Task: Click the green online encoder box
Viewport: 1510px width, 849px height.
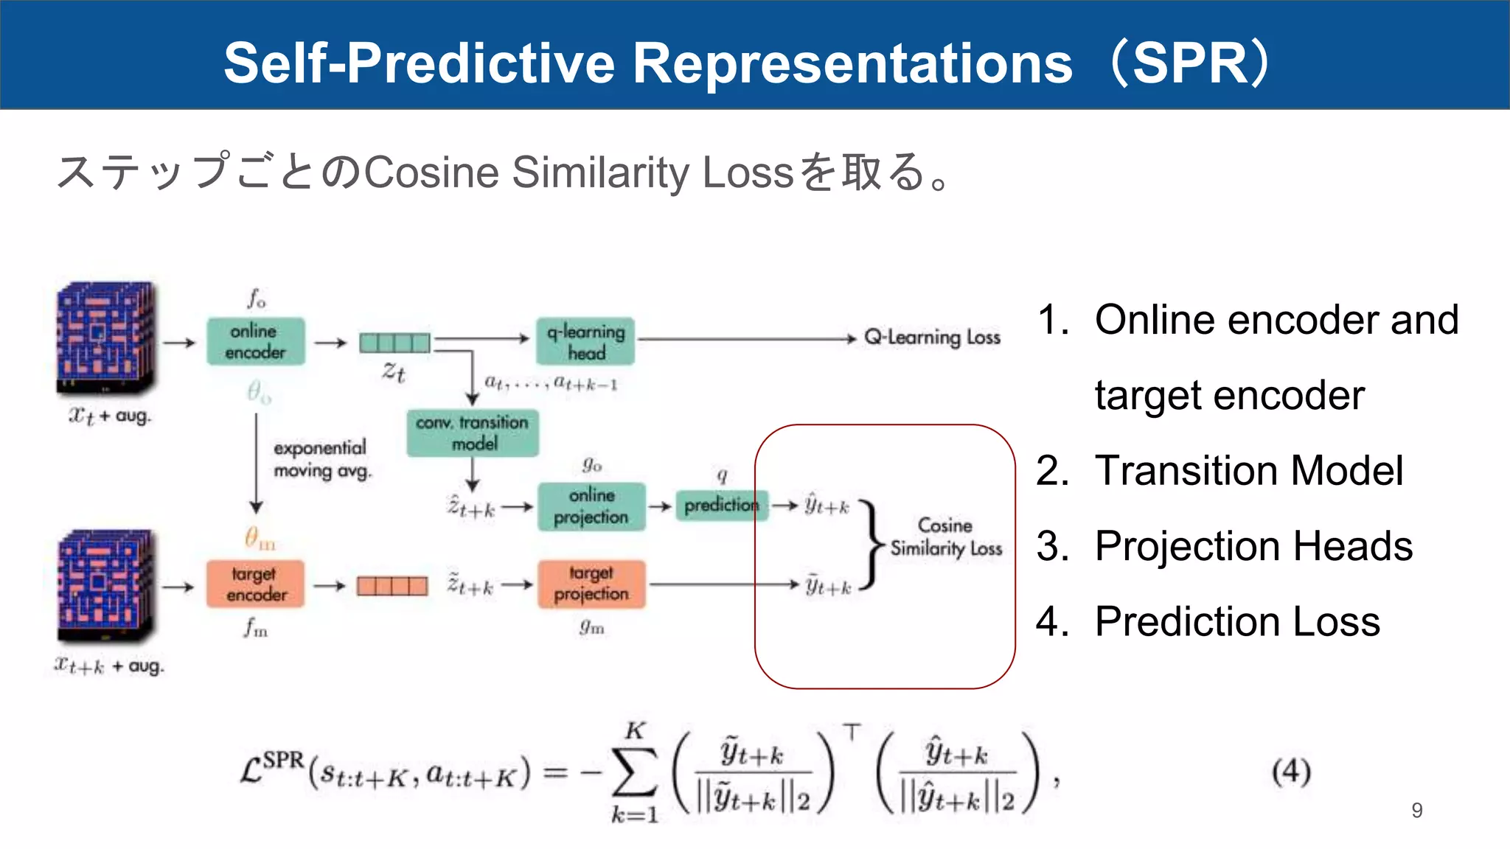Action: [255, 341]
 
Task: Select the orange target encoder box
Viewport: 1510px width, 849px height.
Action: [255, 584]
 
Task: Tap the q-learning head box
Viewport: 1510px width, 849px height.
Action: [585, 341]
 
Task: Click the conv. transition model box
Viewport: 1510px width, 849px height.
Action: [473, 433]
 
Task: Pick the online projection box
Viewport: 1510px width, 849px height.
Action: [591, 506]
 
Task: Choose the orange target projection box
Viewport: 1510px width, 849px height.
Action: [591, 584]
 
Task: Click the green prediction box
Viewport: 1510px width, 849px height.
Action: [721, 506]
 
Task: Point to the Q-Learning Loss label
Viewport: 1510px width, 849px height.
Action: [932, 338]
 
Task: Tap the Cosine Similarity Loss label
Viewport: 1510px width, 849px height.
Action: [946, 537]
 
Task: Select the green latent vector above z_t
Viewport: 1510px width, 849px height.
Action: [394, 343]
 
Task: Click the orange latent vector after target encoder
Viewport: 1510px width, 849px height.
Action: [392, 586]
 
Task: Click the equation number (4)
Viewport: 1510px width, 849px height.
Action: [1291, 772]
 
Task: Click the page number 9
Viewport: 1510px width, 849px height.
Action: [1416, 811]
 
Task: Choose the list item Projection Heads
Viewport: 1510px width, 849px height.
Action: [1253, 546]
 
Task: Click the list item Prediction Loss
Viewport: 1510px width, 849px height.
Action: [1236, 621]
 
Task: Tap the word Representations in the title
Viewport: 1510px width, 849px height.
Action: [852, 63]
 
